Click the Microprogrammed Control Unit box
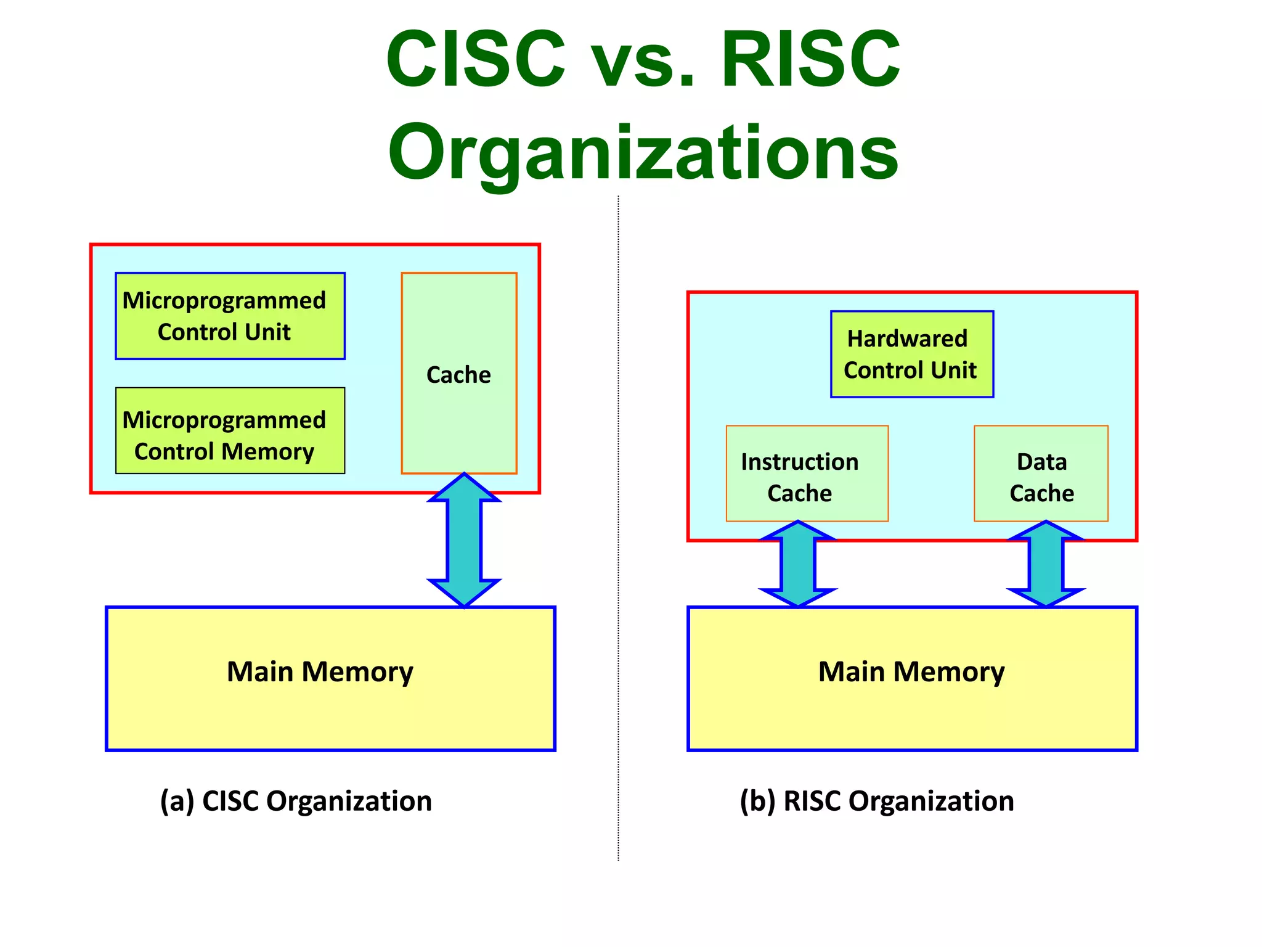pos(230,316)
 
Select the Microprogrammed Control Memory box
pos(230,430)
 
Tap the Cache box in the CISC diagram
pos(458,374)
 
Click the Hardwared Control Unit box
pos(911,354)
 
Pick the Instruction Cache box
pos(807,473)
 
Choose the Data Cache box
pos(1041,473)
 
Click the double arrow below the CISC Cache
pos(464,540)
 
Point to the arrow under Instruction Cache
pos(798,564)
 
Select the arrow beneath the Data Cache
pos(1046,564)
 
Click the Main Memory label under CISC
pos(320,671)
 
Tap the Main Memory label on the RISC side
pos(911,671)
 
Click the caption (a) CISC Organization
pos(296,801)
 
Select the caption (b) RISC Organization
pos(877,801)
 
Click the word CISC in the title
pos(476,60)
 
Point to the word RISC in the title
pos(810,60)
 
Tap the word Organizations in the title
pos(643,153)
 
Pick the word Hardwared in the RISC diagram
pos(907,338)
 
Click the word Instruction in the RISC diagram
pos(799,462)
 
